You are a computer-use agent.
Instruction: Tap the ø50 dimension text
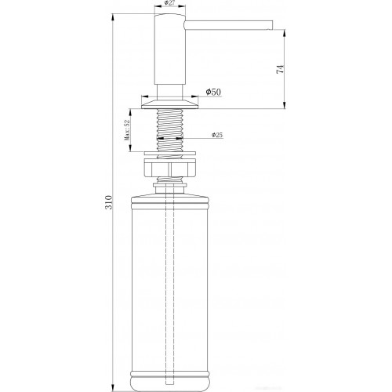[x=214, y=93]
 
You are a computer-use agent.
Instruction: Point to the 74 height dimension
[x=279, y=69]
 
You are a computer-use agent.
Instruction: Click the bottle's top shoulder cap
[x=169, y=196]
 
